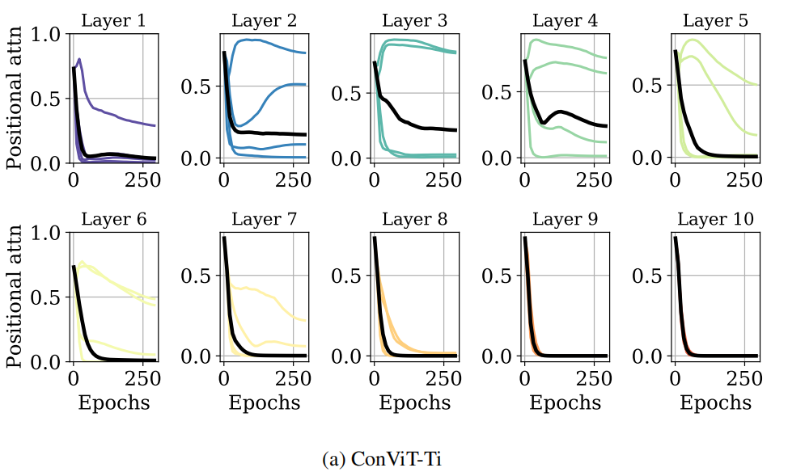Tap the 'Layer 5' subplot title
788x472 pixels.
(x=715, y=20)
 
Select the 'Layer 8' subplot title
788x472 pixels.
(x=414, y=219)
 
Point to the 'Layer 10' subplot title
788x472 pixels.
(x=715, y=219)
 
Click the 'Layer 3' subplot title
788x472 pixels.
(x=414, y=20)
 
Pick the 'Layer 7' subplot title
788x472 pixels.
(x=264, y=219)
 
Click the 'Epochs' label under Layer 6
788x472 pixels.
(x=113, y=402)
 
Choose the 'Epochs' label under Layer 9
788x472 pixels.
(x=565, y=402)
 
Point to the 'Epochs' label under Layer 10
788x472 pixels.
(x=715, y=402)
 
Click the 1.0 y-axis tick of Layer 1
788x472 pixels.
(x=48, y=34)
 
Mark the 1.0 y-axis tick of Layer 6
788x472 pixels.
(x=48, y=233)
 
